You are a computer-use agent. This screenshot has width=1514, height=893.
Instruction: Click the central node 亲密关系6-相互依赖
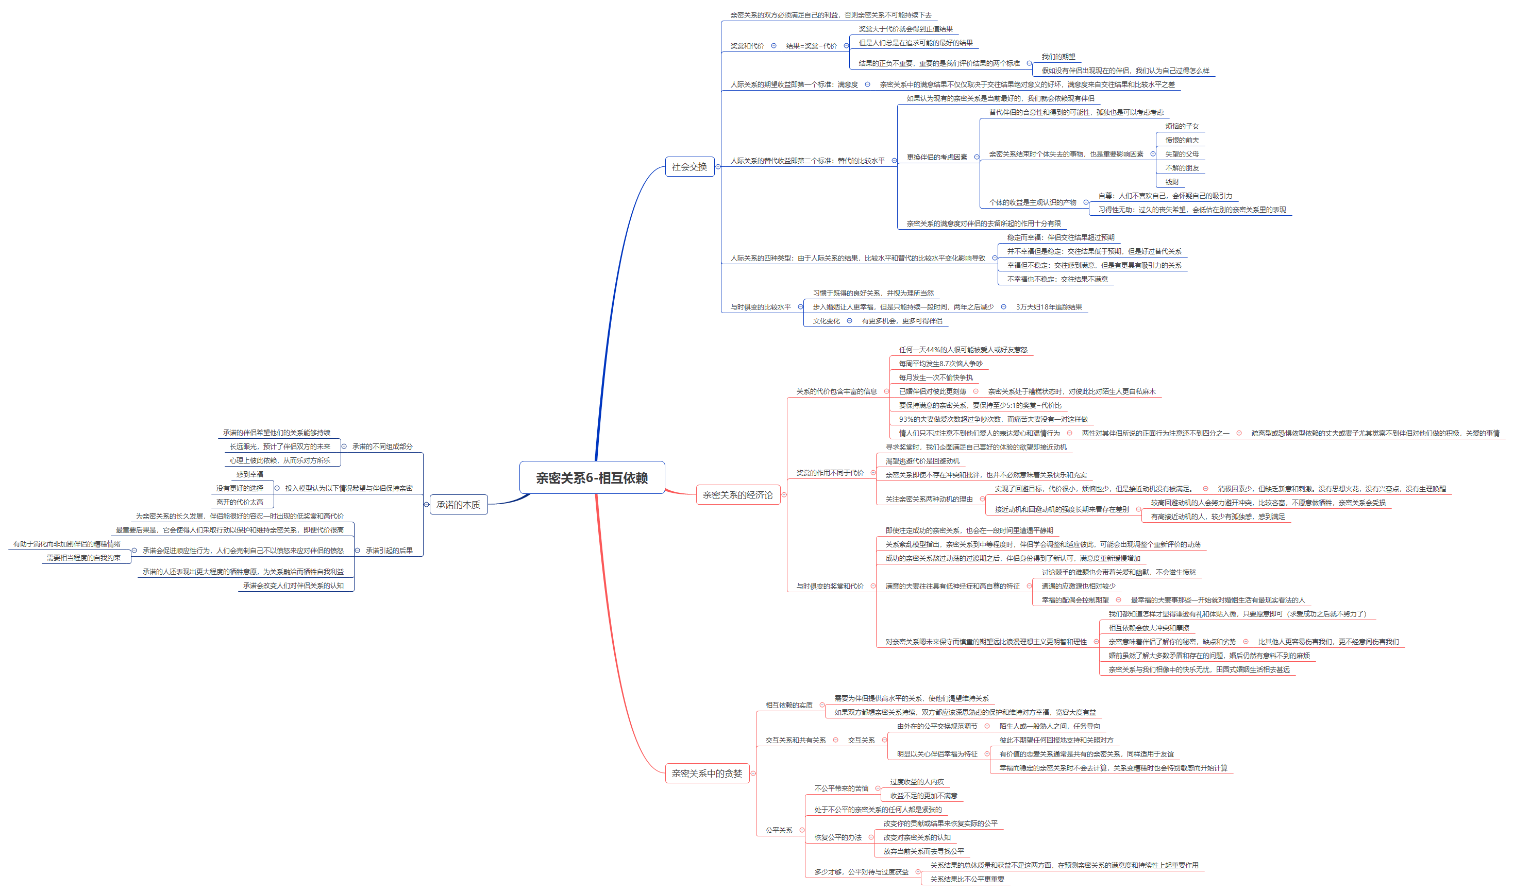pyautogui.click(x=592, y=478)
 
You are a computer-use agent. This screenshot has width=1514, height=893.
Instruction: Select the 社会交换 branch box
pyautogui.click(x=689, y=167)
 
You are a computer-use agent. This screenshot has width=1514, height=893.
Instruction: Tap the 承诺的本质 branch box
pyautogui.click(x=458, y=505)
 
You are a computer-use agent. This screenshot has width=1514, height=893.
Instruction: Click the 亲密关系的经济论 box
pyautogui.click(x=737, y=494)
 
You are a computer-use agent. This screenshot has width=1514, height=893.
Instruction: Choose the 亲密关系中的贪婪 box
pyautogui.click(x=706, y=773)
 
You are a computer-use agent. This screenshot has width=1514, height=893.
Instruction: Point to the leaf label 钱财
pyautogui.click(x=1172, y=182)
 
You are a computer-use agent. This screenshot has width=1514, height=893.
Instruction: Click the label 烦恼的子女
pyautogui.click(x=1182, y=126)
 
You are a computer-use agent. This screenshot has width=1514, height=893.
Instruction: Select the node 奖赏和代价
pyautogui.click(x=747, y=46)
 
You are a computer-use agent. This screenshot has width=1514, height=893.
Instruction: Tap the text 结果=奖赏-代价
pyautogui.click(x=811, y=46)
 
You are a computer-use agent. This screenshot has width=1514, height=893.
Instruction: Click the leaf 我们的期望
pyautogui.click(x=1058, y=57)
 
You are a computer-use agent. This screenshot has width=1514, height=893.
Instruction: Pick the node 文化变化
pyautogui.click(x=826, y=321)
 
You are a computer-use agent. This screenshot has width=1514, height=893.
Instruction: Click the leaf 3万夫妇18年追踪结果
pyautogui.click(x=1049, y=307)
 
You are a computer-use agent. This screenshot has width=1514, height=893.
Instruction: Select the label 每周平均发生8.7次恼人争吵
pyautogui.click(x=940, y=364)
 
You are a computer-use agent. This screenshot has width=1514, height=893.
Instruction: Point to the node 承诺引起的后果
pyautogui.click(x=389, y=551)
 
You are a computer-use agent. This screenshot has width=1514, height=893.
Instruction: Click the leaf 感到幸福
pyautogui.click(x=249, y=474)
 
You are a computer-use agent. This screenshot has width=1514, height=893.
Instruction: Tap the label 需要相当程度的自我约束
pyautogui.click(x=83, y=558)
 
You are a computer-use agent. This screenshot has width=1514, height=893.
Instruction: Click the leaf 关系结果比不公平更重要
pyautogui.click(x=967, y=879)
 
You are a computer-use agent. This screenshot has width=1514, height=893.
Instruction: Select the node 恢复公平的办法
pyautogui.click(x=838, y=838)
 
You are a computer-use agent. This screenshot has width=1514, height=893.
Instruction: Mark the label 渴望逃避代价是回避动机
pyautogui.click(x=922, y=461)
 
